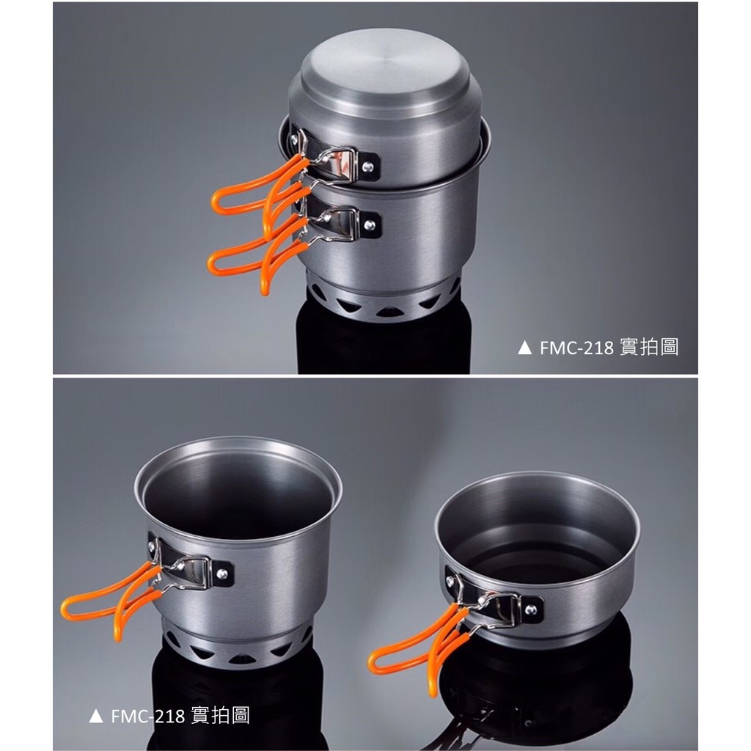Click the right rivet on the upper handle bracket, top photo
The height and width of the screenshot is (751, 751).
pyautogui.click(x=368, y=167)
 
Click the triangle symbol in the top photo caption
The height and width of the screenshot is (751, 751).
pyautogui.click(x=524, y=348)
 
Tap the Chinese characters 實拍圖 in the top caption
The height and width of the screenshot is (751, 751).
pyautogui.click(x=649, y=347)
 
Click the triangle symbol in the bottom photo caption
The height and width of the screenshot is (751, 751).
pyautogui.click(x=96, y=716)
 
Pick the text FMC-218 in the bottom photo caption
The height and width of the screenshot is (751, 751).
pyautogui.click(x=148, y=717)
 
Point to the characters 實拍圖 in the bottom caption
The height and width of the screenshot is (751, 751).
pyautogui.click(x=220, y=716)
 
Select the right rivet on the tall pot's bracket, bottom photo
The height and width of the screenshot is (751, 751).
pyautogui.click(x=221, y=574)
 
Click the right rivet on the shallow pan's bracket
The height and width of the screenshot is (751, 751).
pyautogui.click(x=531, y=609)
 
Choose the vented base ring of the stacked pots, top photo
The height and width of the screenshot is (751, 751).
pyautogui.click(x=383, y=299)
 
